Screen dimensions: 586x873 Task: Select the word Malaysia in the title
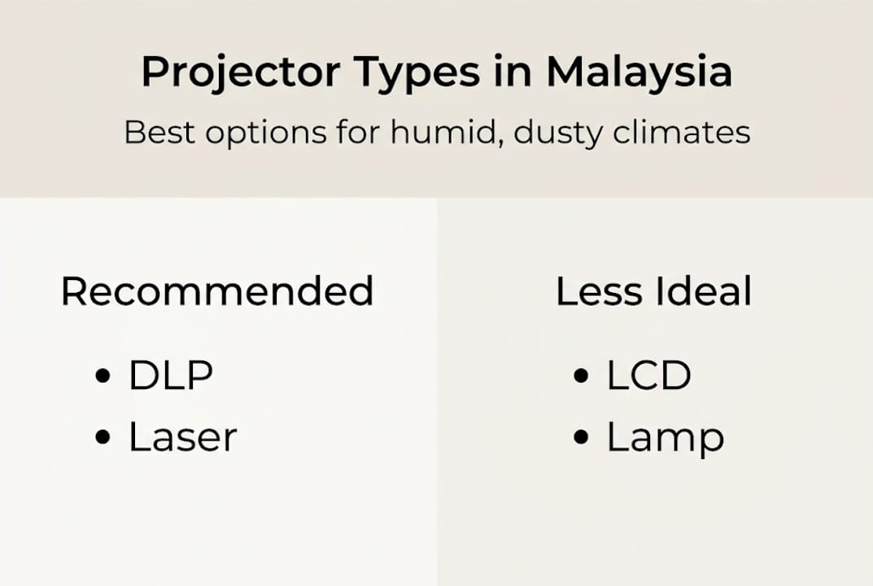[x=639, y=72]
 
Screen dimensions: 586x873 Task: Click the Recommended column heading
[x=217, y=291]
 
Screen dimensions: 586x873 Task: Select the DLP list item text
[x=171, y=375]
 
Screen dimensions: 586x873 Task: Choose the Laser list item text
[x=183, y=437]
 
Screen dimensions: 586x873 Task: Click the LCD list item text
[x=648, y=375]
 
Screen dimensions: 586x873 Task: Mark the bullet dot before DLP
[x=103, y=376]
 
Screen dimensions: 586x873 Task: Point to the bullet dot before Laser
[x=103, y=438]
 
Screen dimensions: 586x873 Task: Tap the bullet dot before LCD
[x=581, y=376]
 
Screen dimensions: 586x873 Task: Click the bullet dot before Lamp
[x=581, y=438]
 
